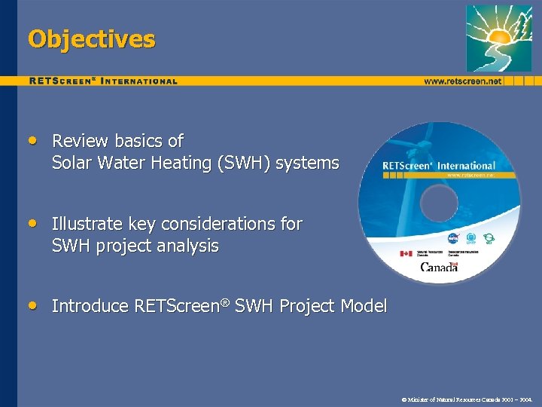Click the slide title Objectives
pos(91,39)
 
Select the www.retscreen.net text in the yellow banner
pos(462,81)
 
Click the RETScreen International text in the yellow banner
pos(103,81)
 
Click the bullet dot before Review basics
pos(32,140)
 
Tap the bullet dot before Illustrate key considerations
pos(32,223)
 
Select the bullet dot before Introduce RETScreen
pos(32,305)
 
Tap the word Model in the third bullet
pos(364,306)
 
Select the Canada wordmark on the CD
pos(439,267)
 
